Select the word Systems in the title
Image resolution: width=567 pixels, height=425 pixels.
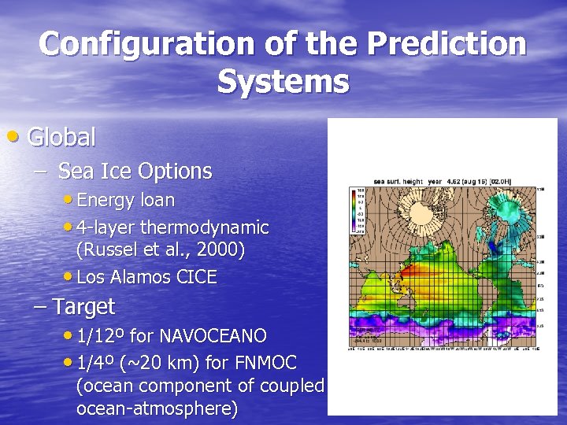[x=283, y=81]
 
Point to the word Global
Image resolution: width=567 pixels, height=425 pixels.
[x=61, y=138]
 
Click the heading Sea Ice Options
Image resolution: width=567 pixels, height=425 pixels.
[x=135, y=171]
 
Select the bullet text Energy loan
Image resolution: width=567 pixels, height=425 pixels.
[x=125, y=200]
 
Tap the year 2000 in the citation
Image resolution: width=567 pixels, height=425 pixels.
[x=224, y=250]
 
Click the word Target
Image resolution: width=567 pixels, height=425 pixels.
[x=83, y=306]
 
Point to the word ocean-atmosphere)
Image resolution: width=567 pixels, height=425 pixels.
[x=157, y=410]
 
